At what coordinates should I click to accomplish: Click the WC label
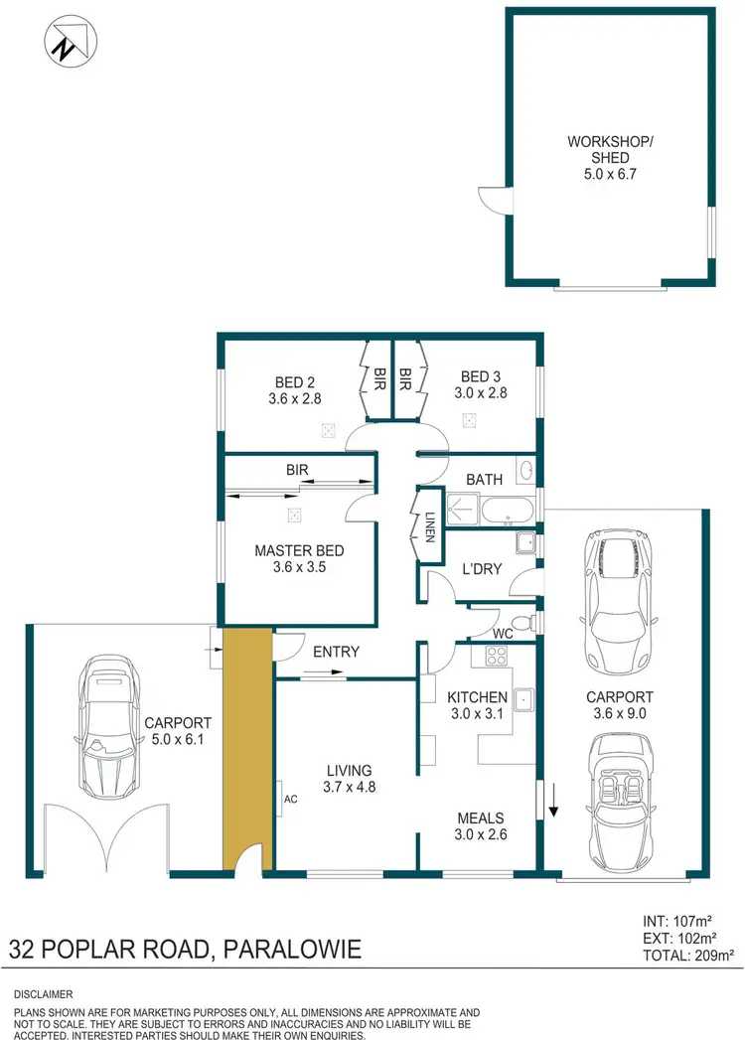coord(503,631)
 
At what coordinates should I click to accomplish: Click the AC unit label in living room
coord(289,797)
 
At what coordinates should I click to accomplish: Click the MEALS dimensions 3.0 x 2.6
coord(482,834)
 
